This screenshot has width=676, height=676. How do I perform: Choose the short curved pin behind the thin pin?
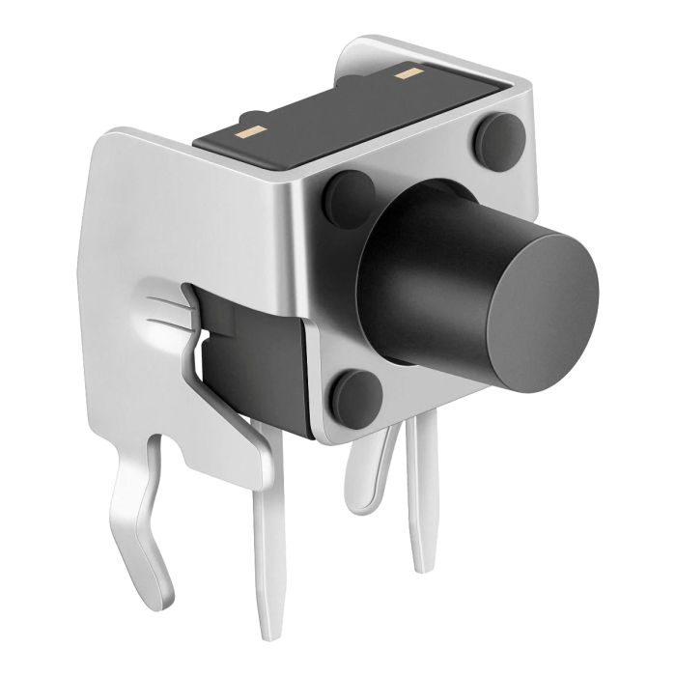coord(372,473)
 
